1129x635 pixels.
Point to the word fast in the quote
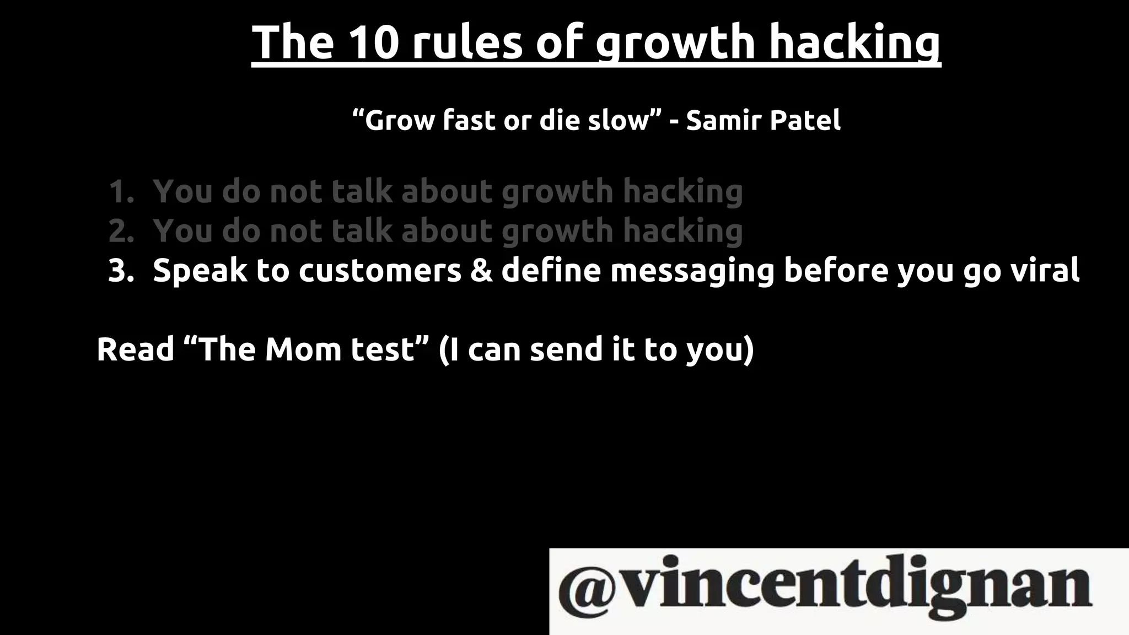pyautogui.click(x=469, y=120)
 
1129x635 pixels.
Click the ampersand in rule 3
pyautogui.click(x=481, y=271)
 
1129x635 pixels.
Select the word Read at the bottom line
pyautogui.click(x=135, y=349)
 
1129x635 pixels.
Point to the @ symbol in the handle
pyautogui.click(x=587, y=588)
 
